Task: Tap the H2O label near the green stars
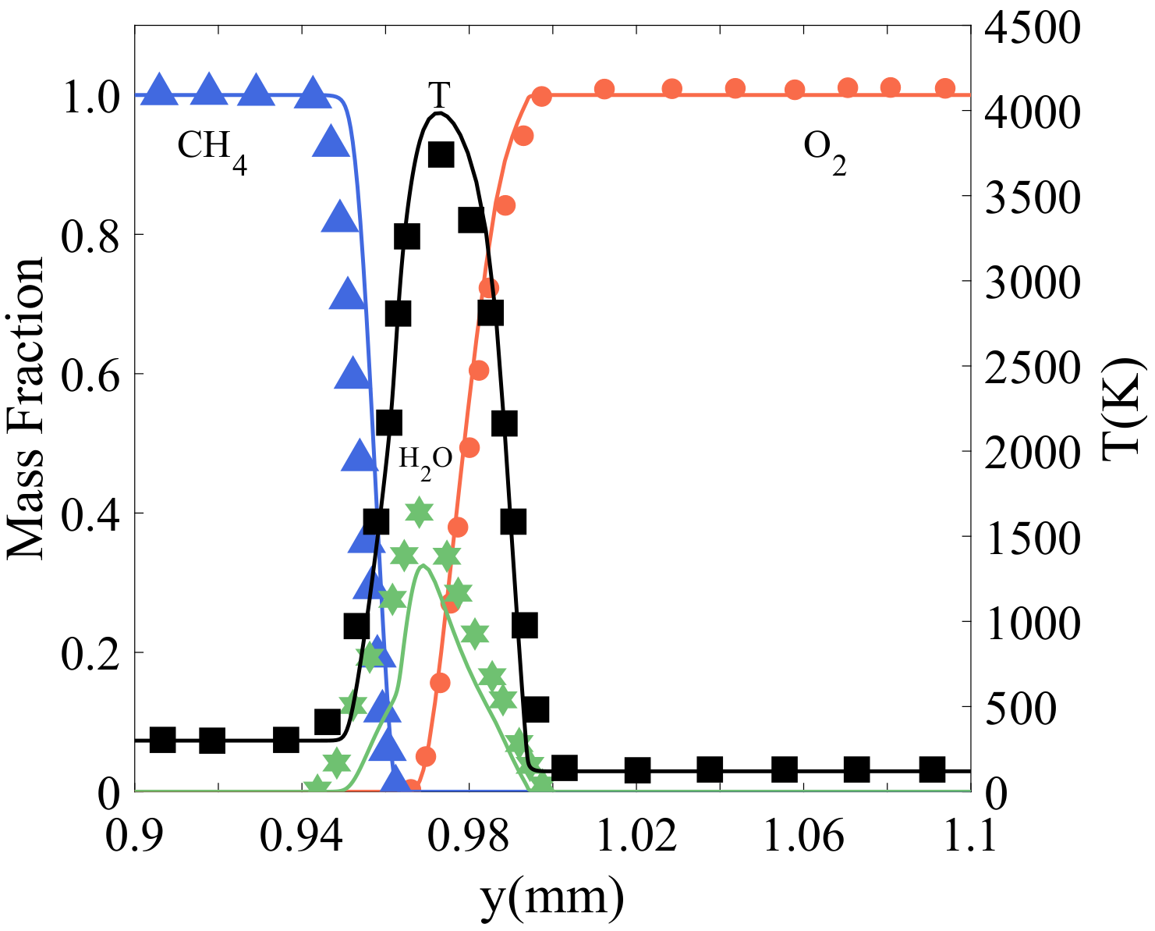(x=425, y=458)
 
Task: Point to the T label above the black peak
(x=439, y=96)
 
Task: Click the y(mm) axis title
(x=552, y=897)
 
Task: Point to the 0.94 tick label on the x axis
(x=302, y=836)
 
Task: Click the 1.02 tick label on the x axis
(x=636, y=836)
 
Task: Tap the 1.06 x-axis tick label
(x=803, y=836)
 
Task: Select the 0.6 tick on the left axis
(x=90, y=374)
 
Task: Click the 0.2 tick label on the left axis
(x=90, y=652)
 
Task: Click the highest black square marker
(x=441, y=155)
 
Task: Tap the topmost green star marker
(x=420, y=513)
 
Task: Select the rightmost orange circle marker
(x=945, y=87)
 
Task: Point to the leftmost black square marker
(x=162, y=740)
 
